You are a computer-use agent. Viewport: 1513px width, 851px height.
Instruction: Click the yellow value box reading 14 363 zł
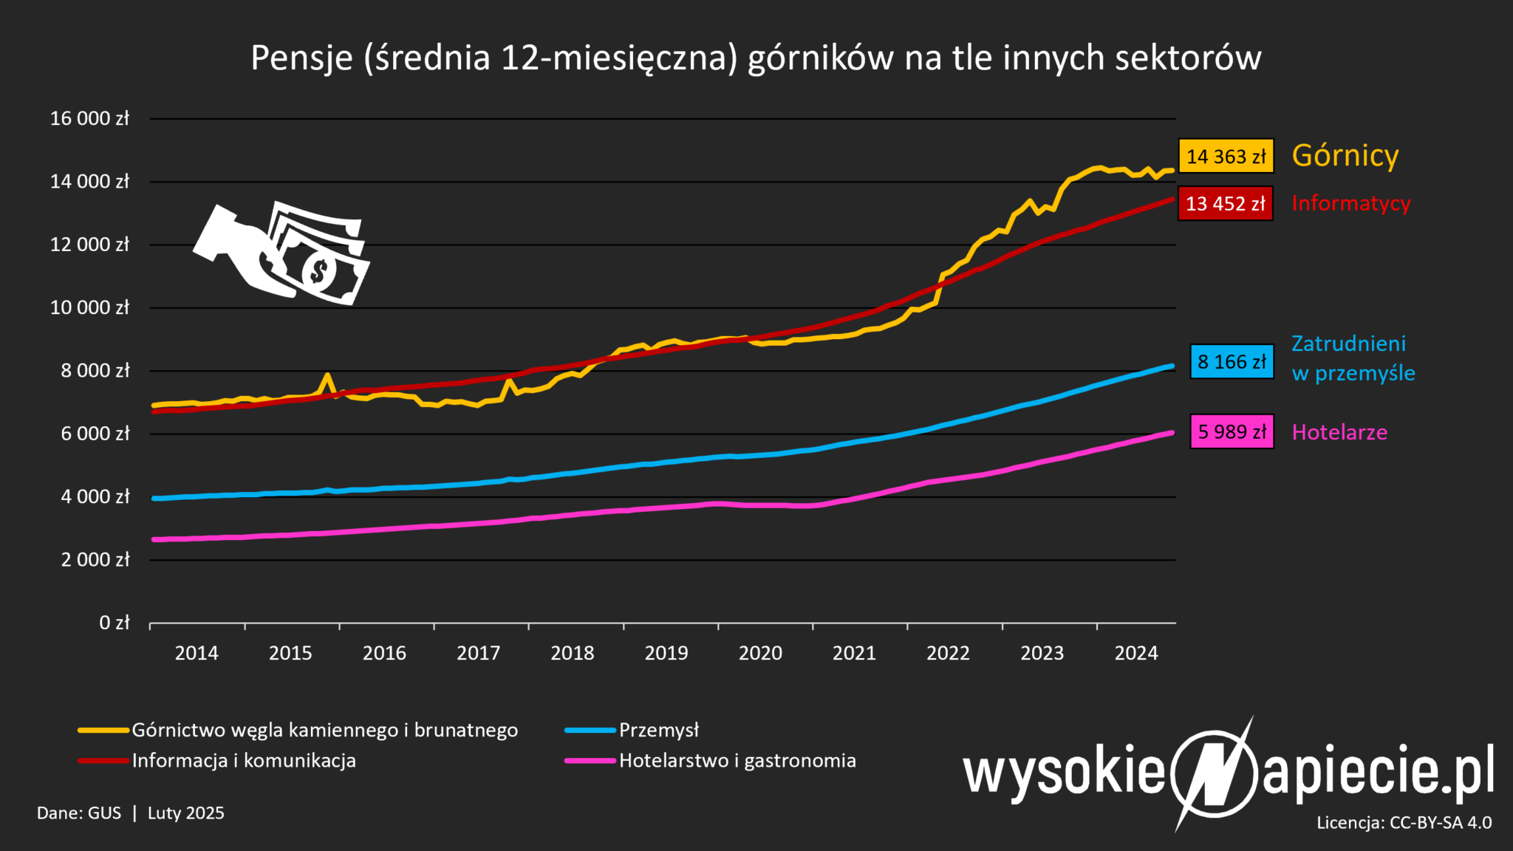pos(1226,157)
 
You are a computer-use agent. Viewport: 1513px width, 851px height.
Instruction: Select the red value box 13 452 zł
pos(1225,203)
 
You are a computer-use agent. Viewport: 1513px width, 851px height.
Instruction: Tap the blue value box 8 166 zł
pos(1232,362)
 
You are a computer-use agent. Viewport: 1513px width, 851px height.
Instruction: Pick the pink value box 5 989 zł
pos(1232,432)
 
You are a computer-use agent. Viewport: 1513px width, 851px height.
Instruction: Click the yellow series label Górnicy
pos(1345,156)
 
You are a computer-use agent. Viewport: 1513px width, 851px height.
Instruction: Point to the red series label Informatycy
pos(1350,203)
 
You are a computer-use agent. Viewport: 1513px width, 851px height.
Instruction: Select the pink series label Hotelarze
pos(1339,432)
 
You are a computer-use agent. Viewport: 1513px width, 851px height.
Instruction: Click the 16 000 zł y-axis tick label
pos(89,118)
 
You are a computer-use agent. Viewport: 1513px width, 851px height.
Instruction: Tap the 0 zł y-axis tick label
pos(115,623)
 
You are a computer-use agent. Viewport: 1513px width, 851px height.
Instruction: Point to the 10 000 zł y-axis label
pos(89,307)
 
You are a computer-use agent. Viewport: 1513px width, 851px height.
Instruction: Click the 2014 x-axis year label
pos(197,653)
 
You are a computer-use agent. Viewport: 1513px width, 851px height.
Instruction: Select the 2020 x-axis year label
pos(760,653)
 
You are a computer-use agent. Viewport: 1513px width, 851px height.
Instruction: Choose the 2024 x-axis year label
pos(1136,653)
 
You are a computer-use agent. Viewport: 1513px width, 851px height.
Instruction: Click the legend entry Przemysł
pos(658,730)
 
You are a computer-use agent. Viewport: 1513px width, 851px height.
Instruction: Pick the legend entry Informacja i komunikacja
pos(244,760)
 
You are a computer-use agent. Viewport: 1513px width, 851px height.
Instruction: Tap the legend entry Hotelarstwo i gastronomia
pos(737,760)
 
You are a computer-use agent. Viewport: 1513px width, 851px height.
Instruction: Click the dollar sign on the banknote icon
pos(319,271)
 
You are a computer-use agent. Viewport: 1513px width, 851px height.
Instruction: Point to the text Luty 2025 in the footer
pos(185,813)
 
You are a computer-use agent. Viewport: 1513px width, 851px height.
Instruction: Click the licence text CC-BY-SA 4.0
pos(1441,823)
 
